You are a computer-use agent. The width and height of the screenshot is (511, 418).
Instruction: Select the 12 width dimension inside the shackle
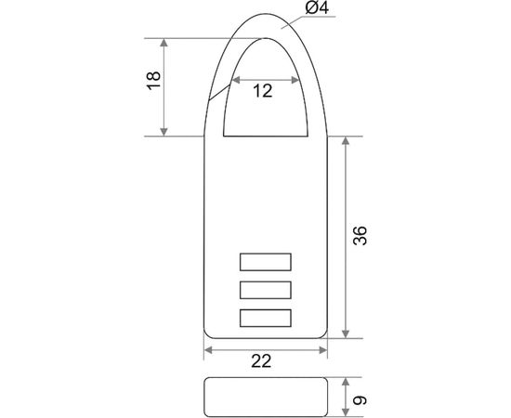coord(263,91)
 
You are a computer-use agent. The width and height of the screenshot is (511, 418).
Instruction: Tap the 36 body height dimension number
coord(360,238)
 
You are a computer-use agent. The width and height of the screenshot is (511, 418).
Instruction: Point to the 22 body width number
coord(263,362)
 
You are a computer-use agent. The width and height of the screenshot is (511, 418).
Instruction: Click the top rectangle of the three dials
coord(266,262)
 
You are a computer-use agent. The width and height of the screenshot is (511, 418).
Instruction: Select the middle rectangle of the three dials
coord(266,290)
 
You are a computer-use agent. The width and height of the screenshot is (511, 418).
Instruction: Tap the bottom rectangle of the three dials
coord(266,318)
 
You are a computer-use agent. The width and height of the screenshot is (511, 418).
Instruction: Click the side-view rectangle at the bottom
coord(266,398)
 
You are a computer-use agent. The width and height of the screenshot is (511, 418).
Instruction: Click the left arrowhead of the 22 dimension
coord(208,350)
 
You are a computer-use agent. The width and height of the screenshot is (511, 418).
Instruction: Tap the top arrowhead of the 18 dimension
coord(166,43)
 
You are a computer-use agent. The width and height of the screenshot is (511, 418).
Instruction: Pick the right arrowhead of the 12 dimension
coord(296,78)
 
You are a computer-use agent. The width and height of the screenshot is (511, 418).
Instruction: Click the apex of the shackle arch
coord(266,14)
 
